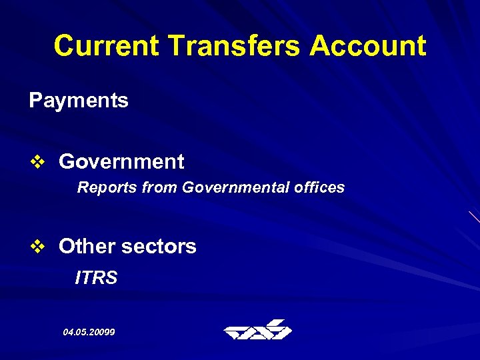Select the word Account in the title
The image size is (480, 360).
(x=368, y=46)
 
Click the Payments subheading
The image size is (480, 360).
(x=79, y=101)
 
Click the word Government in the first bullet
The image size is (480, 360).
(x=121, y=161)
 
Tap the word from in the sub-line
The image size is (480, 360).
(x=159, y=188)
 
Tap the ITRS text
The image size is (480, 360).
(x=97, y=277)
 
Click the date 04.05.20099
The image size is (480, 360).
(x=89, y=331)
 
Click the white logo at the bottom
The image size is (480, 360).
(x=257, y=330)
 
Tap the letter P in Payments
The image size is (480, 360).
(x=35, y=101)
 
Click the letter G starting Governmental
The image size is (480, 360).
(x=187, y=188)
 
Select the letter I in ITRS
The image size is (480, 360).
(x=78, y=277)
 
